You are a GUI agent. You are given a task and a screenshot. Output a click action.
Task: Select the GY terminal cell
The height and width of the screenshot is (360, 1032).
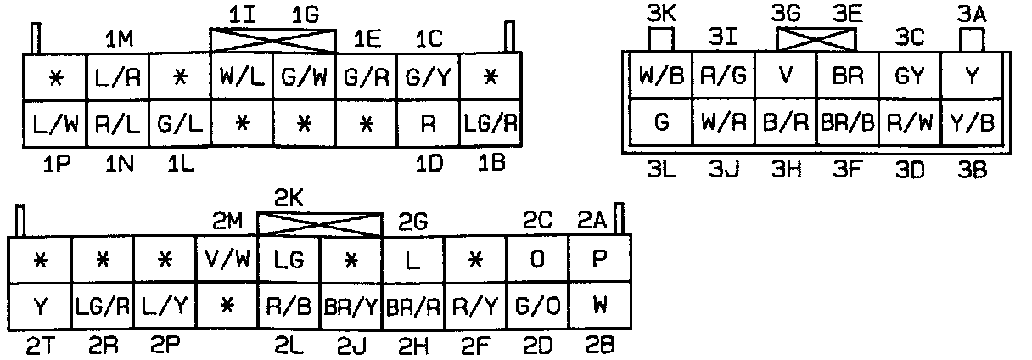(x=909, y=76)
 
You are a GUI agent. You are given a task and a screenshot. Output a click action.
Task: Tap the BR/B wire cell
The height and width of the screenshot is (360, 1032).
(x=847, y=123)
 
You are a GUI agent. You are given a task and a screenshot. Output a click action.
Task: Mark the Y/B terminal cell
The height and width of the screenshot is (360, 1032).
(x=972, y=123)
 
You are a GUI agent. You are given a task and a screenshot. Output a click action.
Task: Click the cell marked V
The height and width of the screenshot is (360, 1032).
(x=784, y=76)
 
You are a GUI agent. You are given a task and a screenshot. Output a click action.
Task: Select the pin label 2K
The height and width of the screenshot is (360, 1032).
(x=289, y=200)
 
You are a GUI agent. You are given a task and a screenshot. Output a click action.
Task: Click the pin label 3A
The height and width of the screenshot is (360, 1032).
(x=973, y=14)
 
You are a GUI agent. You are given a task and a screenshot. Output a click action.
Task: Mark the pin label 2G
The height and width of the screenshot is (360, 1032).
(x=414, y=222)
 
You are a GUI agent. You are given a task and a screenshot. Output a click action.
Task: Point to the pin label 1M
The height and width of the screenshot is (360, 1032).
(x=119, y=39)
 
